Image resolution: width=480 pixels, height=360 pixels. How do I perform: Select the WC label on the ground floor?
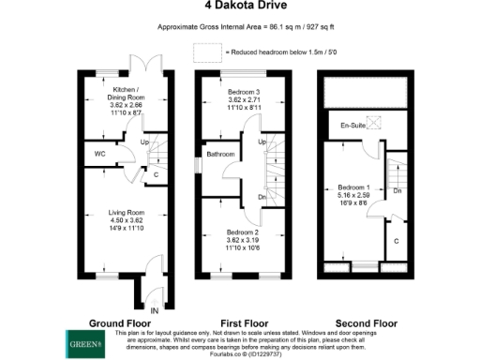click(98, 154)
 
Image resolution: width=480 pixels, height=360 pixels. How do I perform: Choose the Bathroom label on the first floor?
click(220, 154)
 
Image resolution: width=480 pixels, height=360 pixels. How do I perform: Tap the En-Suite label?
click(352, 124)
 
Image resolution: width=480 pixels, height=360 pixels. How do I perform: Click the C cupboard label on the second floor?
click(398, 240)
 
